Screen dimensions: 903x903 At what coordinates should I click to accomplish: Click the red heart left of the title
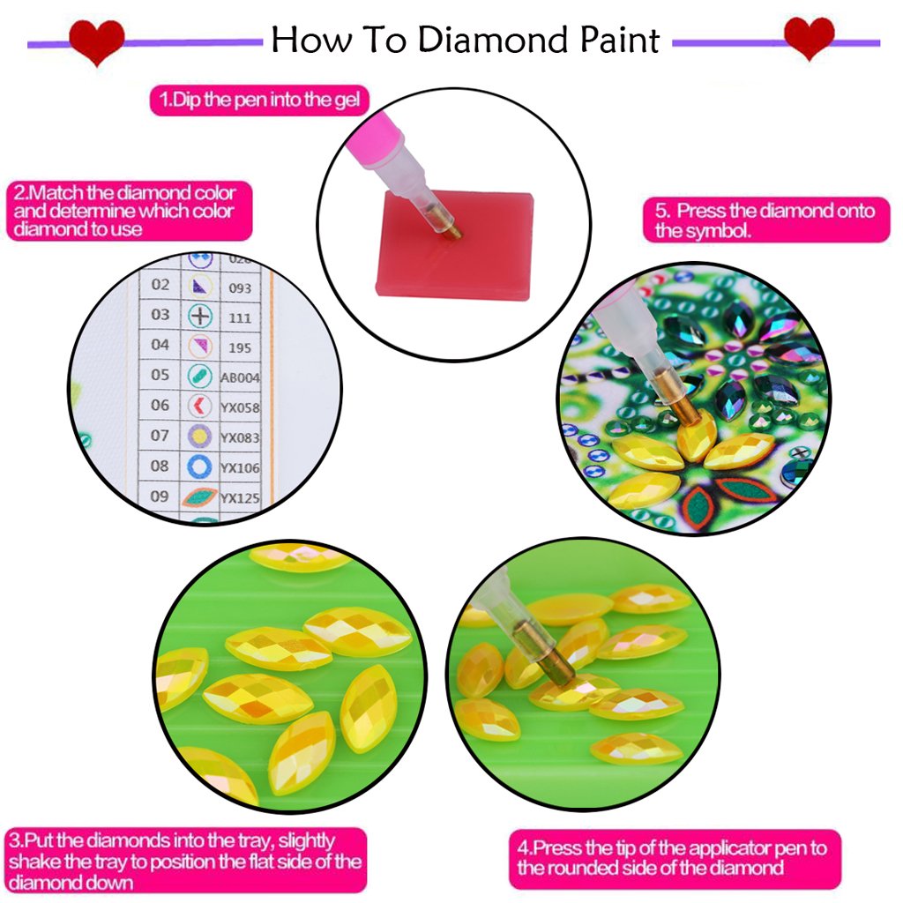coord(97,41)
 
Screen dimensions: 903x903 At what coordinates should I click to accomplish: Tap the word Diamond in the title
coord(480,41)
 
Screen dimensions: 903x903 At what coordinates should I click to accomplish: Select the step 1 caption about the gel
coord(259,100)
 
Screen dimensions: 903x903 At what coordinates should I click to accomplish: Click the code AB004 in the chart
coord(240,377)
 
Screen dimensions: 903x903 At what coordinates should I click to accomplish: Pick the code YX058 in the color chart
coord(240,407)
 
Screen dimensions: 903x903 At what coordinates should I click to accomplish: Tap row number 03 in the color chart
coord(160,315)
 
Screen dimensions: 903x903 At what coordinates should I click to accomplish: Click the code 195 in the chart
coord(239,347)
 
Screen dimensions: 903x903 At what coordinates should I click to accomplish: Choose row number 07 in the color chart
coord(160,436)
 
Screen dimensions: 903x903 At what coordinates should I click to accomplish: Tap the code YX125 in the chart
coord(240,498)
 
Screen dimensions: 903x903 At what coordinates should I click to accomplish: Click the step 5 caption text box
coord(765,220)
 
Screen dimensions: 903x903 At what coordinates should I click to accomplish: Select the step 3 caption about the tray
coord(184,860)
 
